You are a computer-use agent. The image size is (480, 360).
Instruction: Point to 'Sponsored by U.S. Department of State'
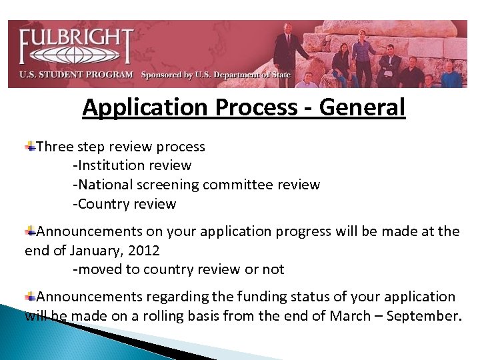click(x=216, y=75)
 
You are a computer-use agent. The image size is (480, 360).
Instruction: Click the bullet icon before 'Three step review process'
click(x=31, y=146)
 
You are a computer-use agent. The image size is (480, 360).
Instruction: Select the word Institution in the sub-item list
click(x=112, y=165)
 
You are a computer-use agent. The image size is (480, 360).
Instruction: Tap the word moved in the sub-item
click(x=99, y=269)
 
